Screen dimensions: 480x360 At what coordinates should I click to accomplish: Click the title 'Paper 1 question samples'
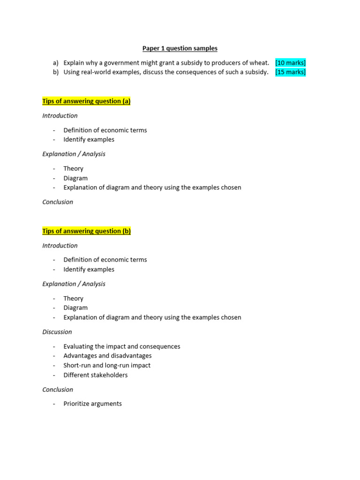click(180, 48)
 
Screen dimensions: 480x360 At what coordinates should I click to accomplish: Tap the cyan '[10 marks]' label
click(291, 63)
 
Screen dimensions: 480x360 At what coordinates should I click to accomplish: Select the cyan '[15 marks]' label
click(291, 72)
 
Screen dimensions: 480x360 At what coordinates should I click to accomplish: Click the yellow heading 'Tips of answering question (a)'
click(86, 101)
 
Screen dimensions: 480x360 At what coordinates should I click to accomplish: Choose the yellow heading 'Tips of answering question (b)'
click(86, 231)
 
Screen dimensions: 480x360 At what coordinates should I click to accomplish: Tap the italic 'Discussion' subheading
click(57, 332)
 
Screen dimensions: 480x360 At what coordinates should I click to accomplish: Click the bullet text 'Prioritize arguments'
click(93, 404)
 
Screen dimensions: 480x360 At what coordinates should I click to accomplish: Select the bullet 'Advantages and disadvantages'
click(108, 356)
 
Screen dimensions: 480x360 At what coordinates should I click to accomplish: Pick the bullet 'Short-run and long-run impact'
click(107, 365)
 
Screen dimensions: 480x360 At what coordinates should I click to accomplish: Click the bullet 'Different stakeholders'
click(96, 375)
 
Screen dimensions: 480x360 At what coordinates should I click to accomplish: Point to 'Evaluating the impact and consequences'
click(122, 346)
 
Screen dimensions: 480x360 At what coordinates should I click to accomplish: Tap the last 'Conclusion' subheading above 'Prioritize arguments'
click(58, 390)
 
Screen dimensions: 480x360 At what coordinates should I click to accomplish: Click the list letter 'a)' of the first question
click(56, 63)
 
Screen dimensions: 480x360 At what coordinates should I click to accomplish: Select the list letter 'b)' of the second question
click(56, 72)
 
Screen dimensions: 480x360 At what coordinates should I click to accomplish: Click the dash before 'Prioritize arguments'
click(54, 404)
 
